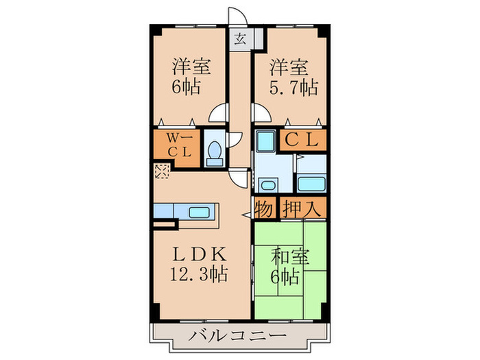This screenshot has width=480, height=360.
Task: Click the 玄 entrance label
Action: (x=241, y=39)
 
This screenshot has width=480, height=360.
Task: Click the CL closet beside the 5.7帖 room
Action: (x=302, y=140)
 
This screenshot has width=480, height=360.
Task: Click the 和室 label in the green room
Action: (x=290, y=259)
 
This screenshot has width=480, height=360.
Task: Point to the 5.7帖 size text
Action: (x=293, y=88)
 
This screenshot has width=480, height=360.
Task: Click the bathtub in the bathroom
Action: (x=313, y=184)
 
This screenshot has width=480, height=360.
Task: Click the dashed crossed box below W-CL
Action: (x=162, y=171)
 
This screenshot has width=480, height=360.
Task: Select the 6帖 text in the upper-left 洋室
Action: (x=190, y=88)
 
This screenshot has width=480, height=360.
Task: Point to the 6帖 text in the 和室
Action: (x=288, y=278)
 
